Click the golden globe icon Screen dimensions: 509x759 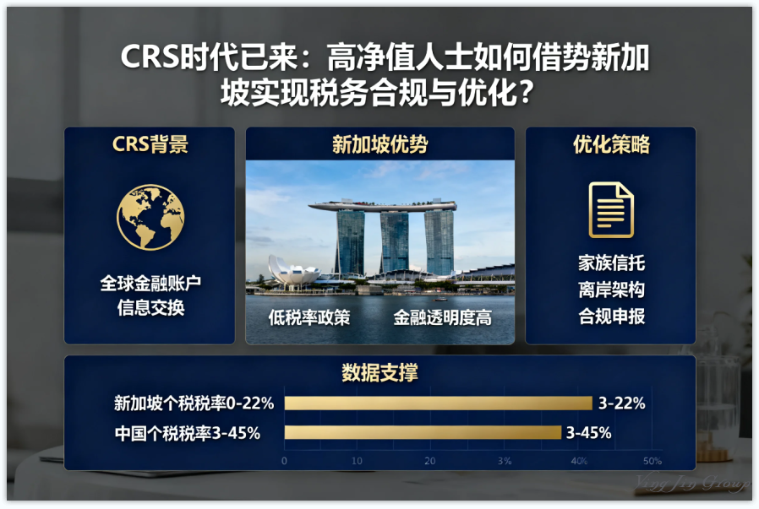click(x=150, y=217)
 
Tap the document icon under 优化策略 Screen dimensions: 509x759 click(x=611, y=209)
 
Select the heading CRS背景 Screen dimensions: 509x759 click(x=150, y=144)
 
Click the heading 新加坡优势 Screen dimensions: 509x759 click(x=379, y=144)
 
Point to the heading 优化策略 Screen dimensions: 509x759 click(x=611, y=144)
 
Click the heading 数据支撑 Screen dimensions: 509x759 click(x=379, y=372)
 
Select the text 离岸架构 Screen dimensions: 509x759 click(x=611, y=290)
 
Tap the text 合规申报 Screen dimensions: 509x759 click(x=611, y=317)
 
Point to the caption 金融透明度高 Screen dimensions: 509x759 click(x=442, y=318)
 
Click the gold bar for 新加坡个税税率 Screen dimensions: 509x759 click(x=438, y=403)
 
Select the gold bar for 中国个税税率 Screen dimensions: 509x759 click(x=422, y=433)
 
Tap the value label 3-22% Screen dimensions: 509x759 click(x=621, y=403)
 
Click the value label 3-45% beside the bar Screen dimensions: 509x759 click(x=588, y=433)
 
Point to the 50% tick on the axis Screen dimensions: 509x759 click(x=652, y=461)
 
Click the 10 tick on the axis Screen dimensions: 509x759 click(x=357, y=461)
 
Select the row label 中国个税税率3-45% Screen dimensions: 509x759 click(x=187, y=433)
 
